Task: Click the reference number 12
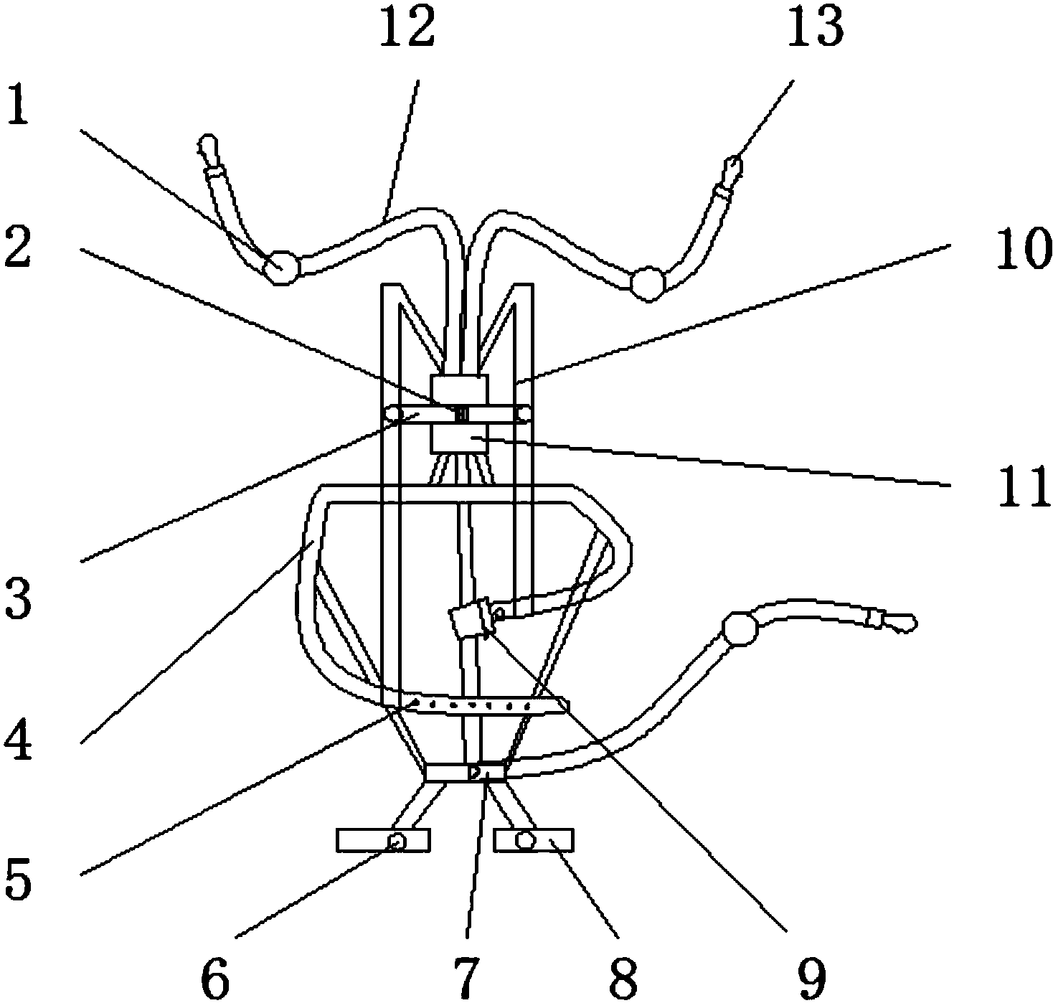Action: pos(407,27)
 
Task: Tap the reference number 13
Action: pos(815,27)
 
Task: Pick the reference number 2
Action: pos(18,247)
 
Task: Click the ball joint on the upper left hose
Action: pos(282,267)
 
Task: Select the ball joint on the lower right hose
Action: pos(740,629)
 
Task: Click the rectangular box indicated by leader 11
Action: pos(460,438)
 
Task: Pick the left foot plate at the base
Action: pos(383,840)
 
